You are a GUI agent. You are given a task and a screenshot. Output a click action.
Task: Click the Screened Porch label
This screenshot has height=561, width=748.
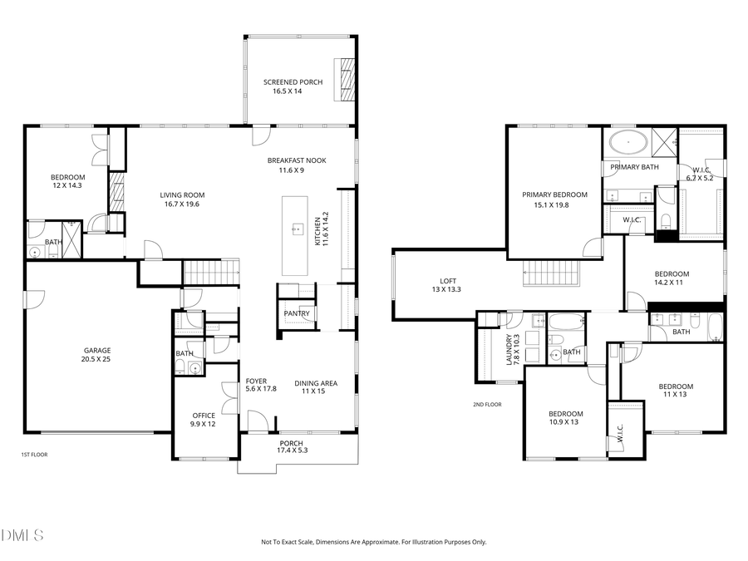point(288,86)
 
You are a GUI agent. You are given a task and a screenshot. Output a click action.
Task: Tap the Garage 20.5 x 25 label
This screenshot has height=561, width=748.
point(96,355)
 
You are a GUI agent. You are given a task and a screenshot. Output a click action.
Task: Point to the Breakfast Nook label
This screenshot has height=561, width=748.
point(297,165)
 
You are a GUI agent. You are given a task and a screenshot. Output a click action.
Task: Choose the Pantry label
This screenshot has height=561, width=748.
point(297,313)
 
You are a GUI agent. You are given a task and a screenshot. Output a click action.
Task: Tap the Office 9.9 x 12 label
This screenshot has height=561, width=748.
point(204,420)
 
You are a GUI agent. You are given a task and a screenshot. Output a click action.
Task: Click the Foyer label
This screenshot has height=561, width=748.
point(256,385)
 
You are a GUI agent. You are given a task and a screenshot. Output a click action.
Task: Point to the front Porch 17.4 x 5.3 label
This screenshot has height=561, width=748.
point(291,447)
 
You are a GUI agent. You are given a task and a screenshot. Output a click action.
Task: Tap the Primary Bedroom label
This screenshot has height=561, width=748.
point(554,199)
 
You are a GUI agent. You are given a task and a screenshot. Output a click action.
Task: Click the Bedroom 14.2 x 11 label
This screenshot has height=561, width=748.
point(672,278)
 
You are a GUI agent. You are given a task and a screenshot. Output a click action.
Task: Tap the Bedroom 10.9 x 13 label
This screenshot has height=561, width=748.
point(565,418)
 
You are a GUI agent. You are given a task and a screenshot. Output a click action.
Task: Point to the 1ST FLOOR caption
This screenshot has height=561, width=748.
point(32,455)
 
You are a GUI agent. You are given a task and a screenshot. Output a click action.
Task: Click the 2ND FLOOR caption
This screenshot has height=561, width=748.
point(487,405)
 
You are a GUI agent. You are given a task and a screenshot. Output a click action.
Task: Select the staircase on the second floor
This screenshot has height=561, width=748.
point(550,272)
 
